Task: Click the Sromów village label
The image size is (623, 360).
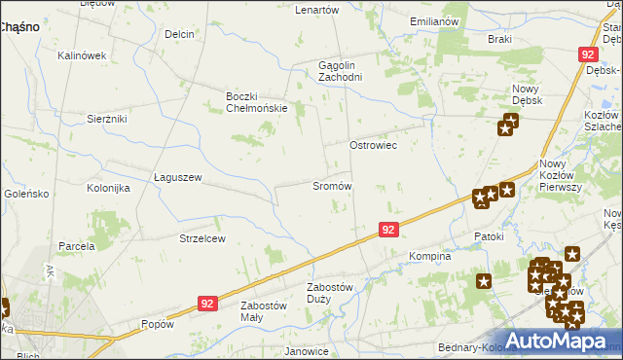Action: pos(331,186)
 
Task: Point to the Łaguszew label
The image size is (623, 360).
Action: pos(177,177)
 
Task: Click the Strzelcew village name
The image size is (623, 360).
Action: pos(202,238)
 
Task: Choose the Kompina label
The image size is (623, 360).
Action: pos(429,257)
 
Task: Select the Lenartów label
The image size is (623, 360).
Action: pos(316,10)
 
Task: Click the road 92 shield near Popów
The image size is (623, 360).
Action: pos(206,305)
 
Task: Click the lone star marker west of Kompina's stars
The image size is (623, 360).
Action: pos(484,281)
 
